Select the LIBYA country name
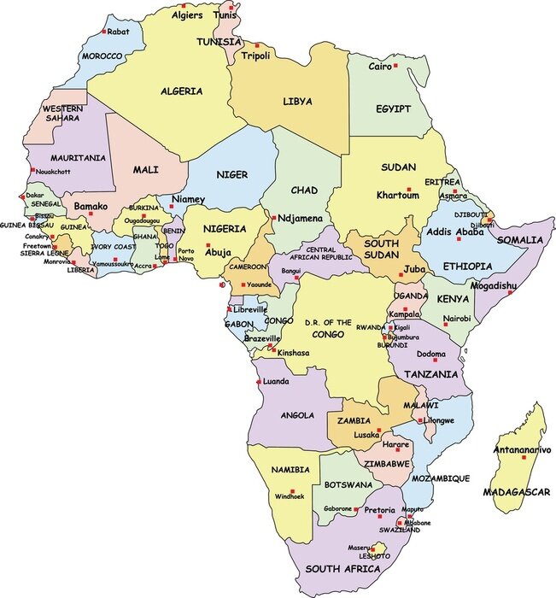click(297, 102)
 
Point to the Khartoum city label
click(398, 196)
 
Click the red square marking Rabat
click(104, 32)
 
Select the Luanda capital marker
click(260, 382)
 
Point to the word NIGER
click(231, 175)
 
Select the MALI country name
click(146, 170)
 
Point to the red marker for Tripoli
click(256, 45)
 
